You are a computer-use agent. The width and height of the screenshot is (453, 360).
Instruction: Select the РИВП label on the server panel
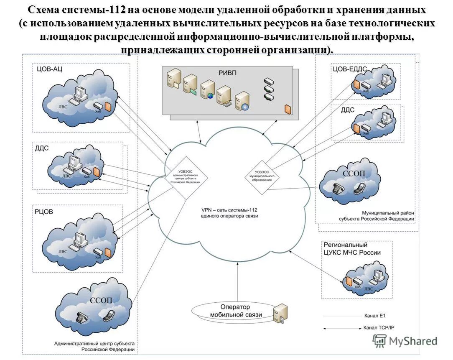[x=227, y=73]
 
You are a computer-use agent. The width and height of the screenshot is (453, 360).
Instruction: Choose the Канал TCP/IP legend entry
[x=378, y=328]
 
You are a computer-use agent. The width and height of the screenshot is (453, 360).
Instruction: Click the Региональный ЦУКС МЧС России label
[x=352, y=249]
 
